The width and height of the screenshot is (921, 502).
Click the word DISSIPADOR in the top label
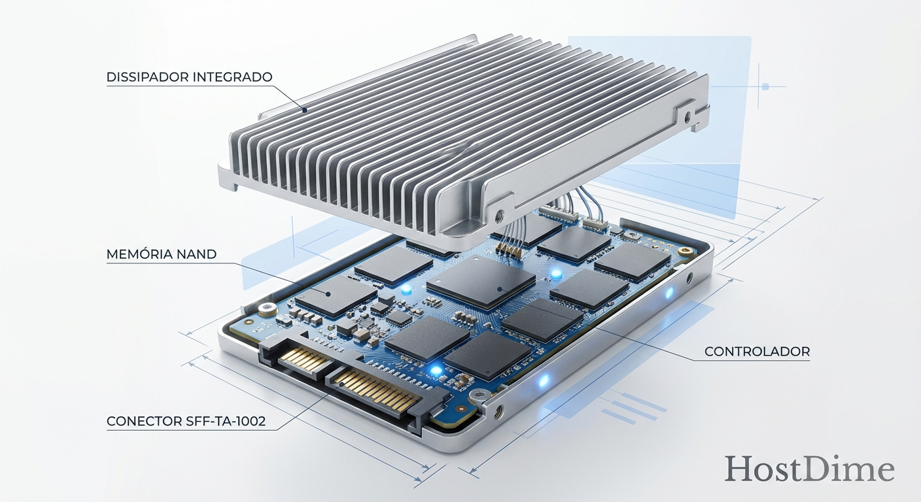click(148, 77)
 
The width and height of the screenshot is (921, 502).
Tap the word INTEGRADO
click(234, 77)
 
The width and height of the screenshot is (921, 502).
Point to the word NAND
click(196, 254)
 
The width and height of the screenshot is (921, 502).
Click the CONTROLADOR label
click(757, 352)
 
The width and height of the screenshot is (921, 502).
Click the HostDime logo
click(809, 469)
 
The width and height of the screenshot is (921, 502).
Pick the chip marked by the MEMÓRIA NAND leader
click(336, 296)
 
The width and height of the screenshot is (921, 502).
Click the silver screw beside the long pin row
click(479, 395)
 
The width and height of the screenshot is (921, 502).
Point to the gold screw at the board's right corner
click(685, 250)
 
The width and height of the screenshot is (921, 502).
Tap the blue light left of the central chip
click(406, 288)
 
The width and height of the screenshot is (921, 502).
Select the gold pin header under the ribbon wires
click(508, 249)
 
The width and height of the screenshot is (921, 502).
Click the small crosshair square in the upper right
click(764, 86)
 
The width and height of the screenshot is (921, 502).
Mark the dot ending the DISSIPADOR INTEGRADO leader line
click(304, 110)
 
